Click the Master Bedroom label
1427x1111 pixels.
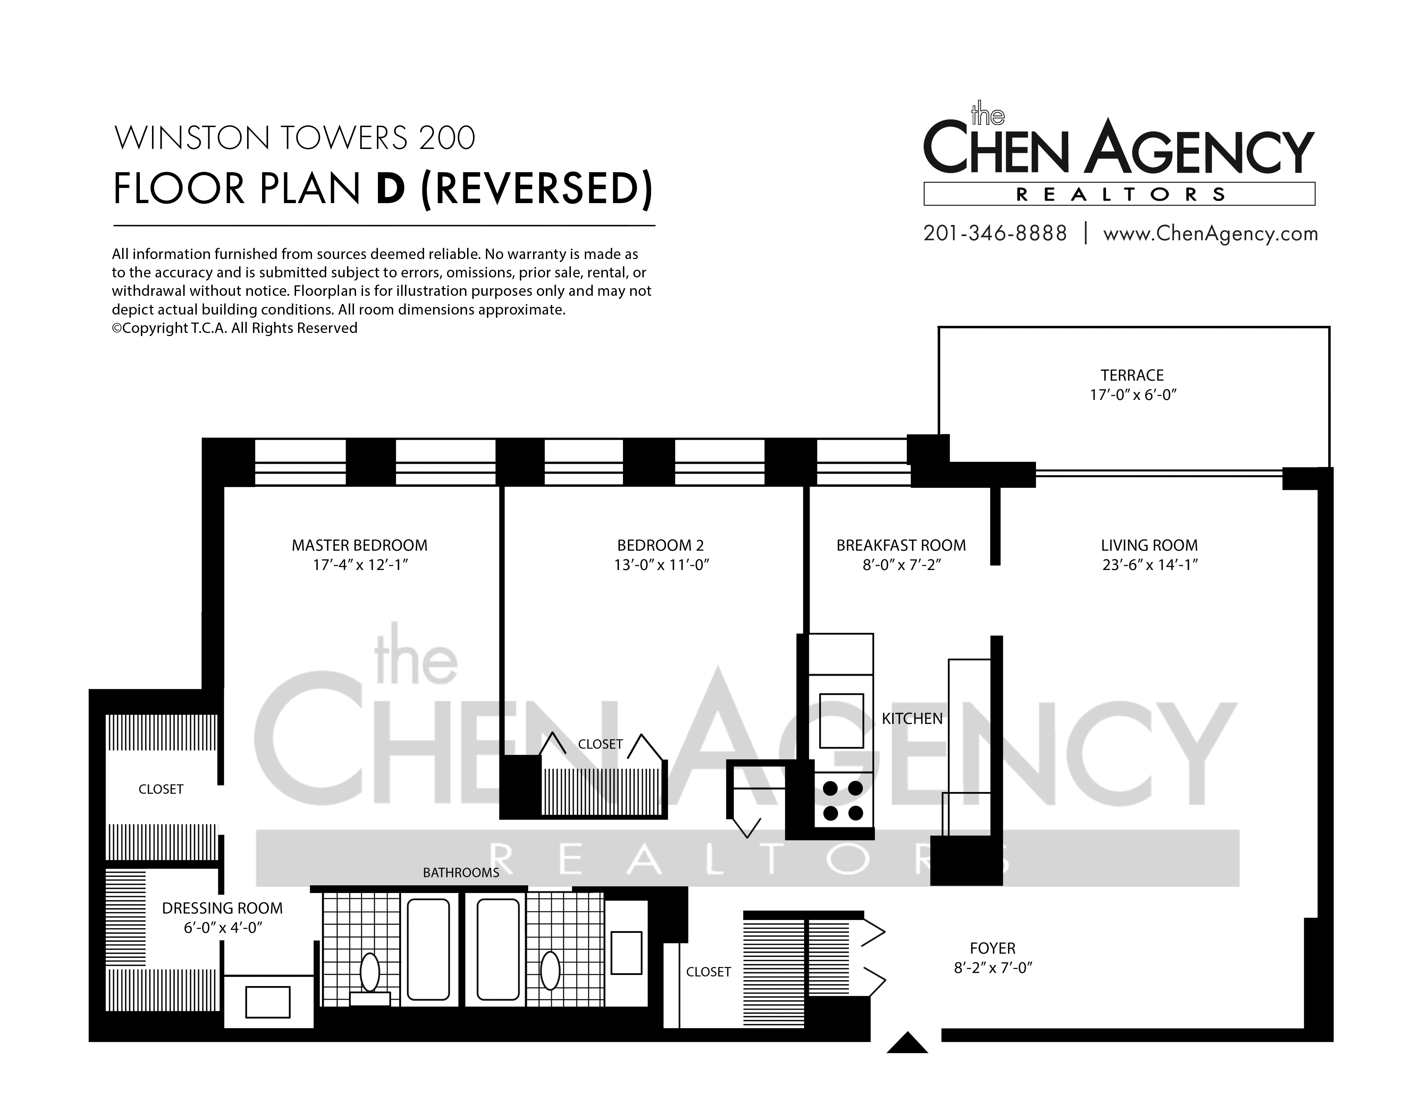click(360, 545)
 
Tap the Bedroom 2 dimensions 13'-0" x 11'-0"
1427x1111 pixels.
click(661, 565)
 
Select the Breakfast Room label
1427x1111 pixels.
click(901, 545)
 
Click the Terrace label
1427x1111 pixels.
click(1132, 375)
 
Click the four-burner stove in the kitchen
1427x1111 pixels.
click(843, 801)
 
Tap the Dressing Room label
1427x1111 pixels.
click(222, 908)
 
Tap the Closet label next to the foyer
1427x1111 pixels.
click(708, 972)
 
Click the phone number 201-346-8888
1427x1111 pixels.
click(995, 233)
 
